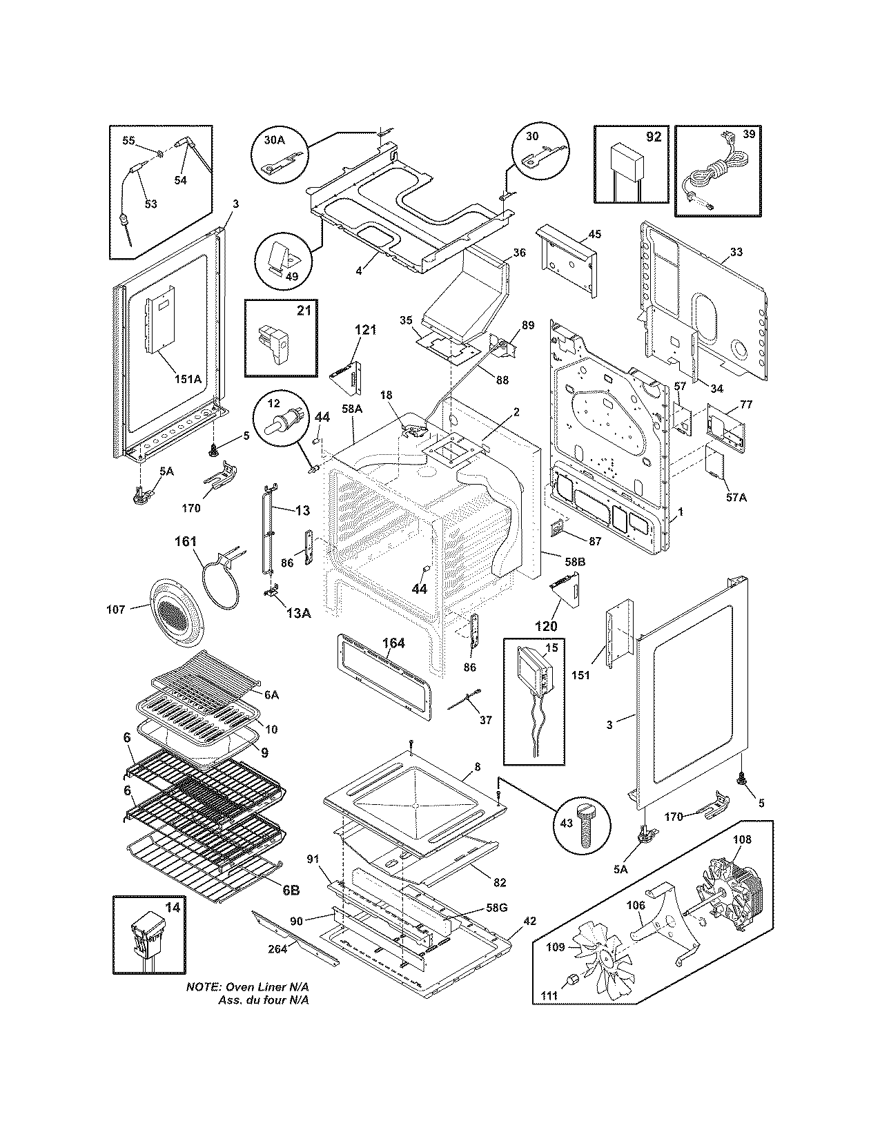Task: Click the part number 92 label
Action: [653, 137]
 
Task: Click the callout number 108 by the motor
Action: [742, 840]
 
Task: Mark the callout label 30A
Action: [274, 139]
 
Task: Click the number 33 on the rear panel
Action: [736, 252]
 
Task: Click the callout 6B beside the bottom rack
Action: [290, 890]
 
